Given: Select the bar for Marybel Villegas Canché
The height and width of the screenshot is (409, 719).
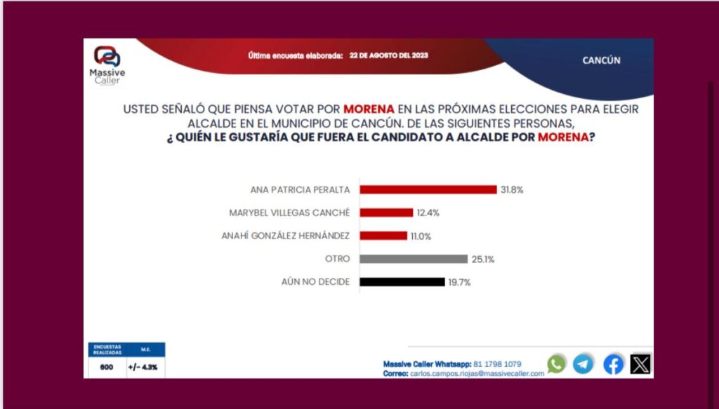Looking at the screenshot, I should [385, 213].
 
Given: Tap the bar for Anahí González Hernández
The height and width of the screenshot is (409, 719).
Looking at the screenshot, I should [383, 236].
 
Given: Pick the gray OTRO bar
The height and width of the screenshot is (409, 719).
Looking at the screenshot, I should [413, 259].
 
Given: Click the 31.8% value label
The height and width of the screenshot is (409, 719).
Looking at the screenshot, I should [513, 189].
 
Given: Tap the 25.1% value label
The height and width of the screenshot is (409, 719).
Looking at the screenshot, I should [483, 259].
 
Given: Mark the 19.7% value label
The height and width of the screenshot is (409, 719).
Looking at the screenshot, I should [459, 282].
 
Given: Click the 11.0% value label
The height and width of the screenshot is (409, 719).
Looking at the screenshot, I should [421, 236].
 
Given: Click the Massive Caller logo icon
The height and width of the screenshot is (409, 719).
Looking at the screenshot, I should [107, 57].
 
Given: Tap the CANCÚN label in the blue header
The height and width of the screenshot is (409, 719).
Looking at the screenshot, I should [601, 60].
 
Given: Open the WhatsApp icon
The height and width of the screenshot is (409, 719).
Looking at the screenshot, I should [556, 363].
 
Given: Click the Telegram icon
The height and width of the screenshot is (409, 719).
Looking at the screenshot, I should [583, 363].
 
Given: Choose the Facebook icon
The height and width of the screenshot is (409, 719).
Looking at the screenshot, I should [613, 363].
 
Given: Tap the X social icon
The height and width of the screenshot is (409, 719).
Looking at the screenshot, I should [640, 363].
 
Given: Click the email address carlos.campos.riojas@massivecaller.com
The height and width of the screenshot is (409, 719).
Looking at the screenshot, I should [474, 373].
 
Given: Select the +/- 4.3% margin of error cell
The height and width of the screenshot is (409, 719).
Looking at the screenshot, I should [142, 367].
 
